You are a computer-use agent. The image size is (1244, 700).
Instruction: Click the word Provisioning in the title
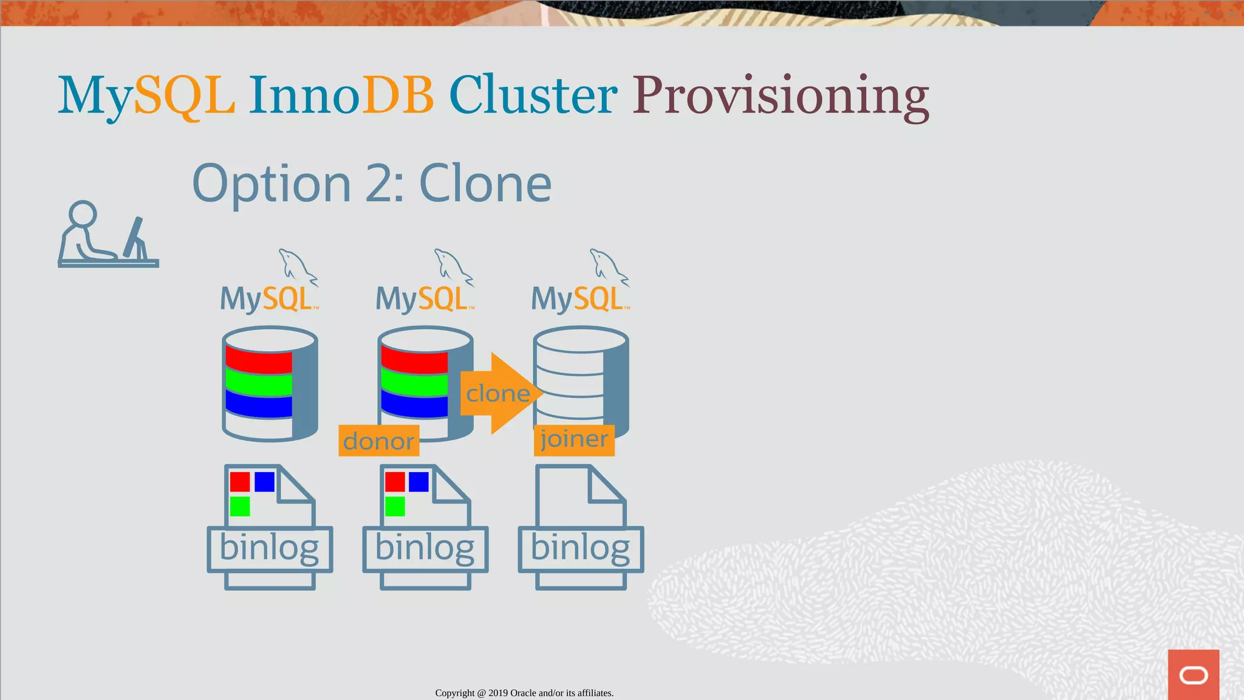click(x=781, y=96)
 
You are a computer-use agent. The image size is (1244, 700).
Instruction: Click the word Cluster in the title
click(x=533, y=96)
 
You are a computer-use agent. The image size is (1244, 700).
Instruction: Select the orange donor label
click(x=378, y=441)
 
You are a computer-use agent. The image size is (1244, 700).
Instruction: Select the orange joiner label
click(x=574, y=440)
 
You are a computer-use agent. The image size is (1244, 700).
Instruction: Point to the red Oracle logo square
click(x=1193, y=674)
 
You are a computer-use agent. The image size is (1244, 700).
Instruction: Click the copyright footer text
click(x=524, y=693)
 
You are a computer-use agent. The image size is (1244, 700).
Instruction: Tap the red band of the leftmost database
click(x=259, y=361)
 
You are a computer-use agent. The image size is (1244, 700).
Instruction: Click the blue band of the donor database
click(x=414, y=404)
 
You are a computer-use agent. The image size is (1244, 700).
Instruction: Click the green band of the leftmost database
click(x=259, y=383)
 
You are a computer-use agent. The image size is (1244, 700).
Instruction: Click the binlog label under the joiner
click(x=580, y=549)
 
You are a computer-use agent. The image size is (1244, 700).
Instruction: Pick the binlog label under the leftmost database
click(x=269, y=549)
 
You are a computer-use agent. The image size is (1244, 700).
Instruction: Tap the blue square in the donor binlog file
click(x=419, y=482)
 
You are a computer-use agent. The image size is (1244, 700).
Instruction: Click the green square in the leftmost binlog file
click(x=240, y=506)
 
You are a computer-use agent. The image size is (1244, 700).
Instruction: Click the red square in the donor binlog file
click(x=395, y=482)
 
